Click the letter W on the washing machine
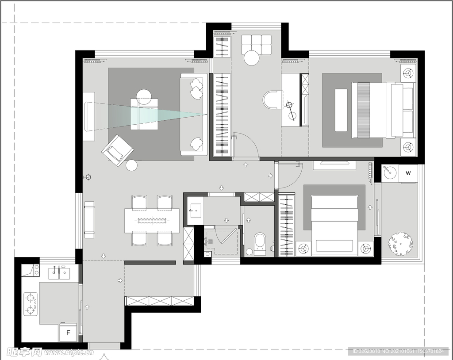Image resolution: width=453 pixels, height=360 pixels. (x=408, y=173)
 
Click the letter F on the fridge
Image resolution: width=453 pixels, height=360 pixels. (x=68, y=333)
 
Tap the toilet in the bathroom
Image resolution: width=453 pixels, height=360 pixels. (x=260, y=244)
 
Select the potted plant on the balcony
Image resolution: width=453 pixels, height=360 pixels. (x=400, y=245)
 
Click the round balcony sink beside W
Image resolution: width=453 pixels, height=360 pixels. (x=389, y=173)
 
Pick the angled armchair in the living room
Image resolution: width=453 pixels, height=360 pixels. (x=117, y=150)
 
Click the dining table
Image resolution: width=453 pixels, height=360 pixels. (x=152, y=221)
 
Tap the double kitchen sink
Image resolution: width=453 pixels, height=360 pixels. (x=59, y=273)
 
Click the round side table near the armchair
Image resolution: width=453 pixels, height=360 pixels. (x=132, y=165)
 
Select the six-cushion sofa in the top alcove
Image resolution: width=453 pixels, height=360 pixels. (x=256, y=44)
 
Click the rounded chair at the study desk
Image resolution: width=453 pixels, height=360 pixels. (x=272, y=100)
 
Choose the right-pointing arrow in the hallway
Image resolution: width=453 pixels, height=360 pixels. (x=270, y=176)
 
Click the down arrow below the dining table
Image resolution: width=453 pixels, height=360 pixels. (x=104, y=256)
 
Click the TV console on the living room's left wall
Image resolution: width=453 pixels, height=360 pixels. (x=88, y=116)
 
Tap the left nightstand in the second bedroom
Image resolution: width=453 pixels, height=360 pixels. (x=303, y=249)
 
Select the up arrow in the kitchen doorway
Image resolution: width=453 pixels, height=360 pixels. (x=87, y=307)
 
